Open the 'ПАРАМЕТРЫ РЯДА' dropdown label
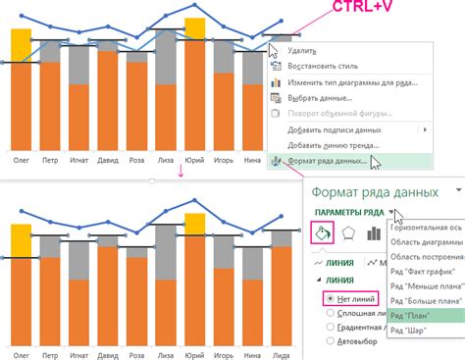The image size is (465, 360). (349, 212)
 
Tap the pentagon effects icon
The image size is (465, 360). (349, 234)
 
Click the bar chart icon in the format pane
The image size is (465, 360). (373, 234)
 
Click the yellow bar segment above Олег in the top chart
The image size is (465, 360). (21, 44)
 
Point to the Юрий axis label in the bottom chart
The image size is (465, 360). (194, 351)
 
